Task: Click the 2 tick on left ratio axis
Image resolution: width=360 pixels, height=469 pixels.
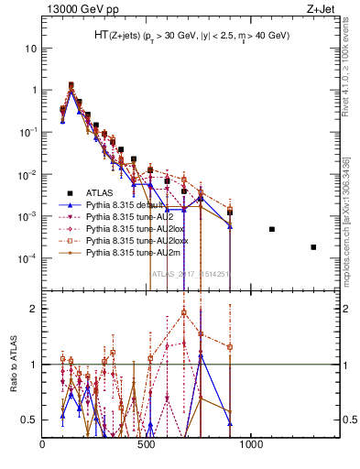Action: (33, 309)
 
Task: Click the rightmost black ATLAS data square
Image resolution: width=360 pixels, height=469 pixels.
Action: (313, 247)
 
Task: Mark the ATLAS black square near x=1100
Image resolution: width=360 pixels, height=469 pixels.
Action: (272, 229)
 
